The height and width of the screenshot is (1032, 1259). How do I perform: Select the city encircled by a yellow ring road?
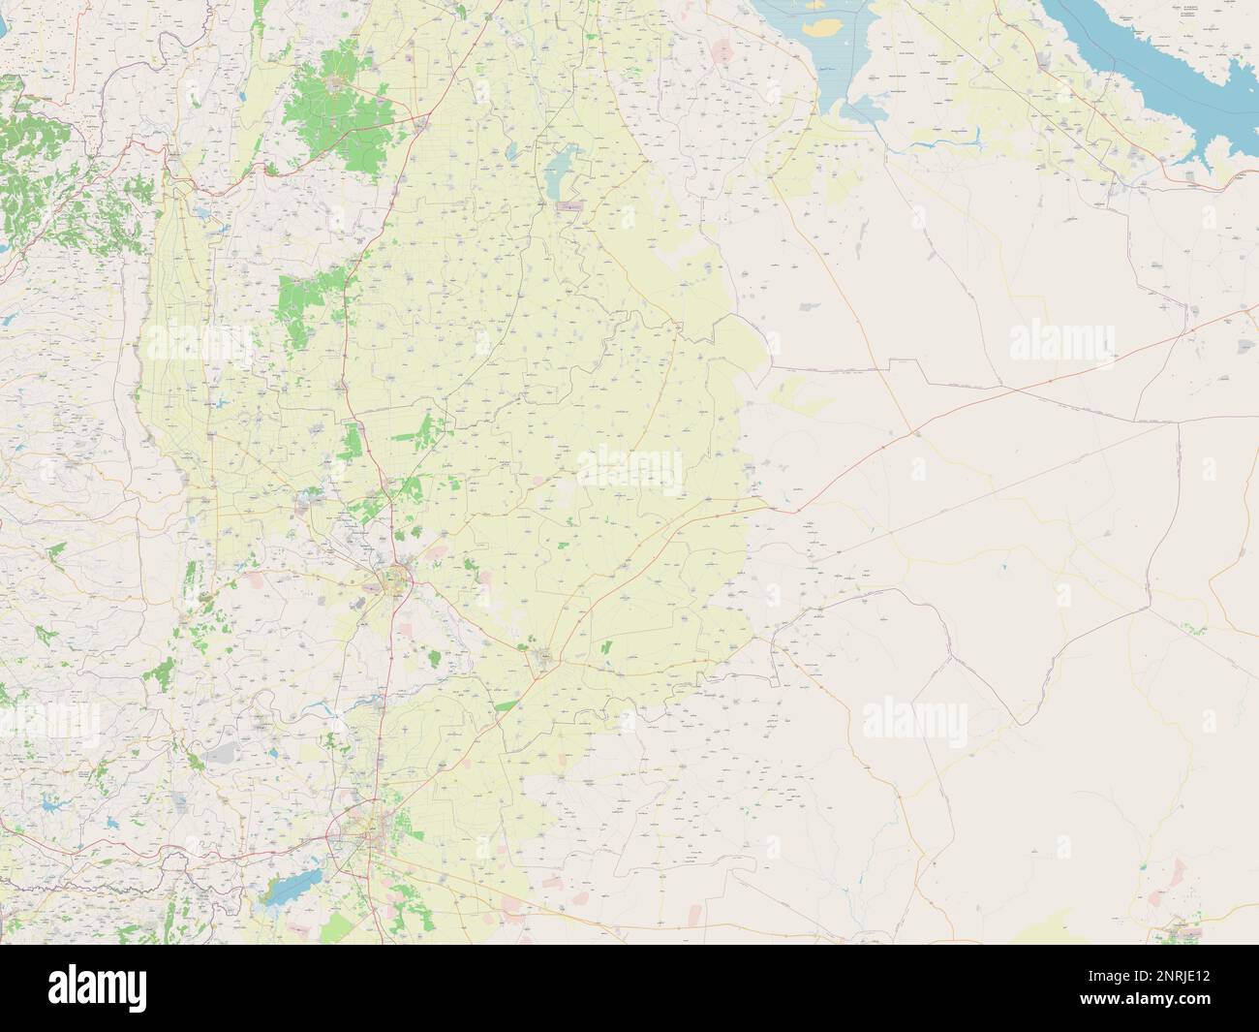[x=394, y=581]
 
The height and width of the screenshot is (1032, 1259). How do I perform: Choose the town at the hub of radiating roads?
[x=545, y=659]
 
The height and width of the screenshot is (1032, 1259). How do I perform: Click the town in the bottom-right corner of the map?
[x=1181, y=930]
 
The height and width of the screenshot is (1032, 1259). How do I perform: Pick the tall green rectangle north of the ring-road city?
[x=353, y=441]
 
